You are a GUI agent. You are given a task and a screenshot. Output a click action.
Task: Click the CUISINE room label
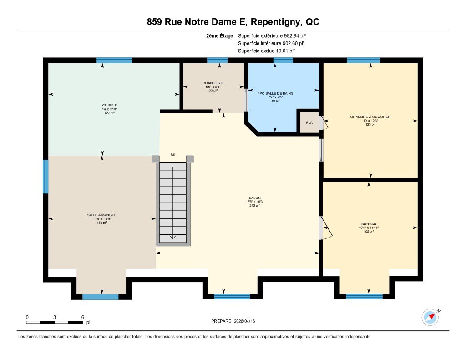tap(109, 105)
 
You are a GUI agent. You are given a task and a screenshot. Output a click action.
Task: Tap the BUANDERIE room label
tap(213, 83)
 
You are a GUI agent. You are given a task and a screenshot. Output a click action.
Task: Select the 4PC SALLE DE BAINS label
tap(275, 93)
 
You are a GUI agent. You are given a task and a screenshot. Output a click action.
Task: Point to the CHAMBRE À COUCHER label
tap(370, 117)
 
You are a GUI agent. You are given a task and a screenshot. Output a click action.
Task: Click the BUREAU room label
tap(369, 224)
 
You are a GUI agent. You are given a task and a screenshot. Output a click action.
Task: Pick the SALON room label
tap(255, 198)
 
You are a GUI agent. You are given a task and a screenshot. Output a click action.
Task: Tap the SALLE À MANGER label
tap(101, 215)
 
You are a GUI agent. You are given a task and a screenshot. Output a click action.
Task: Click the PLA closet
tap(309, 122)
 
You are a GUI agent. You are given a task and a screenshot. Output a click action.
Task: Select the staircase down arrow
tap(172, 237)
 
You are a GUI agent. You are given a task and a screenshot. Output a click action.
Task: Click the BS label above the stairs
tap(172, 155)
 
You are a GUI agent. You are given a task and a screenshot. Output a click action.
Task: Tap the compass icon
tap(430, 317)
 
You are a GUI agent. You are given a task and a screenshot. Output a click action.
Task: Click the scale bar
tap(55, 322)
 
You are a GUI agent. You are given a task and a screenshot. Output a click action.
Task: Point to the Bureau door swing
tap(326, 228)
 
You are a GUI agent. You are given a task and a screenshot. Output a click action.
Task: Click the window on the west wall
tap(46, 177)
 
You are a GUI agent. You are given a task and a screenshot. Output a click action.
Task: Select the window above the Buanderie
tap(217, 61)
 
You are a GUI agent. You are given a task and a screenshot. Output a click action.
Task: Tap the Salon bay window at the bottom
tap(232, 296)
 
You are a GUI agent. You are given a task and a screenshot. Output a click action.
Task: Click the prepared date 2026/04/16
tap(244, 321)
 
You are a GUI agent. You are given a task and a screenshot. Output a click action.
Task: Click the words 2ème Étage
tap(220, 35)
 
